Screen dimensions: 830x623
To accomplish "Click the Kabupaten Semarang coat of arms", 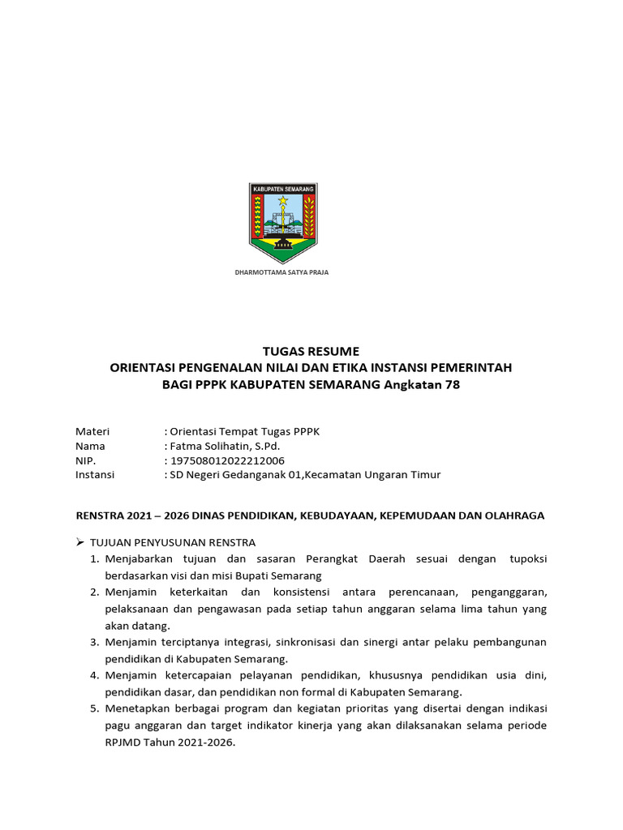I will (282, 223).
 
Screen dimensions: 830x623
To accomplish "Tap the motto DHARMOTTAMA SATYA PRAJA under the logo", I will (281, 272).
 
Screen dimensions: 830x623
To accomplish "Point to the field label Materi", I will (92, 431).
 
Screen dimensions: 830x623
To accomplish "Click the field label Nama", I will (90, 446).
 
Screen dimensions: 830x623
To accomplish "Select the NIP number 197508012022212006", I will (226, 460).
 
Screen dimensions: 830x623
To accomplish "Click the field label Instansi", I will (95, 475).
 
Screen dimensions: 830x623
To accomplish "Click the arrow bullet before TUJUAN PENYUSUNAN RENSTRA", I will (80, 542).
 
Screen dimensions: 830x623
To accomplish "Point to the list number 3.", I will (94, 642).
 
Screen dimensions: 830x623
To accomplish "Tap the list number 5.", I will (94, 708).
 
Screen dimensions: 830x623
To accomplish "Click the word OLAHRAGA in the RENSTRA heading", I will (515, 515).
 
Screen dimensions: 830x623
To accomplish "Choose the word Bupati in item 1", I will (228, 575).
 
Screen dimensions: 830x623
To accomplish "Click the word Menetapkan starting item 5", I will (132, 708).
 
